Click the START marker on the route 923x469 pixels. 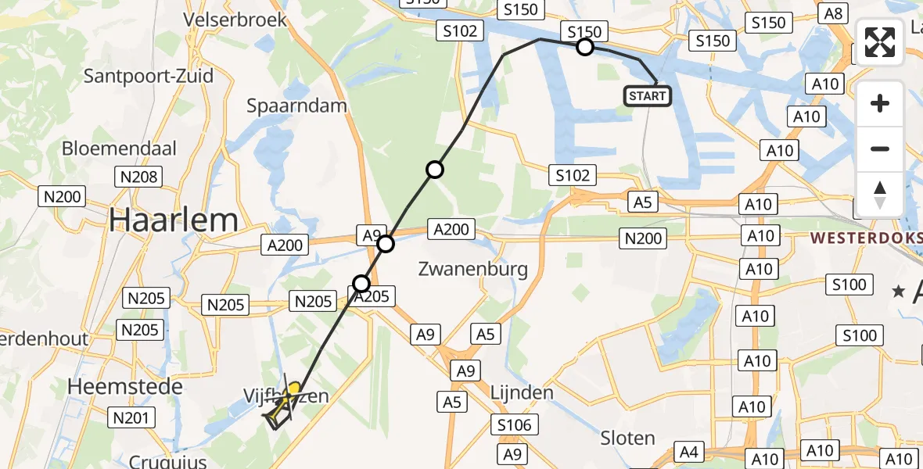tap(647, 96)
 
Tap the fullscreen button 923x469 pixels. tap(880, 42)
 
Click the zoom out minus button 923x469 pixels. tap(880, 149)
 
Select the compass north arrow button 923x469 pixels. tap(880, 194)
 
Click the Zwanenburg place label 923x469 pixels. tap(472, 270)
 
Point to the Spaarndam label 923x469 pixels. tap(296, 106)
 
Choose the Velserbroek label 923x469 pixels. tap(236, 19)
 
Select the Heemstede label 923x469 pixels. tap(125, 386)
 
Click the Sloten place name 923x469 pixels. tap(629, 438)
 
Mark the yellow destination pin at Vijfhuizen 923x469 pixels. tap(294, 388)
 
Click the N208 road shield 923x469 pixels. tap(139, 177)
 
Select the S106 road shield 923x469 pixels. tap(513, 425)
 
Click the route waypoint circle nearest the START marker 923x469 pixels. tap(585, 48)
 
